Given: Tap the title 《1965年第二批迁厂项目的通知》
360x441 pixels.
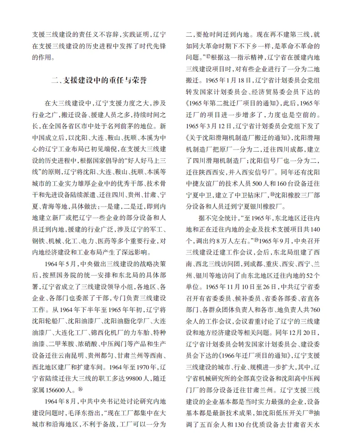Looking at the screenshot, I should click(236, 102).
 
